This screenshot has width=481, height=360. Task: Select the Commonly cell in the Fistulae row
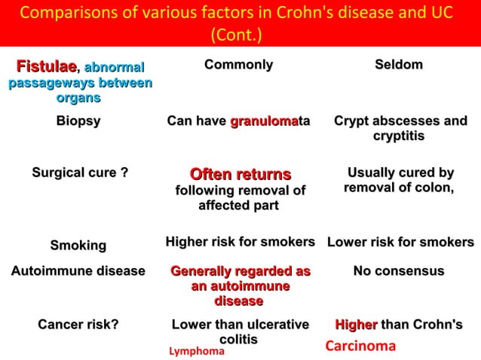tap(238, 65)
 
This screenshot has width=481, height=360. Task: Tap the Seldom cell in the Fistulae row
tap(398, 65)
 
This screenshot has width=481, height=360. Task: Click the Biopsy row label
tap(78, 121)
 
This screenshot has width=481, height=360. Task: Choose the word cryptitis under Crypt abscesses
tap(399, 136)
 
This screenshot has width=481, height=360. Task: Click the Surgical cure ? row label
tap(79, 174)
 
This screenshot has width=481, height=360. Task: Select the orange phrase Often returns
tap(240, 175)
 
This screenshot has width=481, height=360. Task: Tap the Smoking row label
tap(78, 246)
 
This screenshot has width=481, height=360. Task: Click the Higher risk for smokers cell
tap(240, 242)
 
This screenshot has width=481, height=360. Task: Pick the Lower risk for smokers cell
tap(400, 243)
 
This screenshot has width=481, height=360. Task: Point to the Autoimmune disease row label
tap(78, 271)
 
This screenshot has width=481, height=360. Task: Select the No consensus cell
tap(399, 271)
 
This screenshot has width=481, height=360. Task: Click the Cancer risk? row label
tap(78, 325)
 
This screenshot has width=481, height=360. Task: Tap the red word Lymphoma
tap(196, 351)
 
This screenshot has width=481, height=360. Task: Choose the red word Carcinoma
tap(360, 346)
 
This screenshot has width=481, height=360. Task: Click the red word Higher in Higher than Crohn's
tap(356, 325)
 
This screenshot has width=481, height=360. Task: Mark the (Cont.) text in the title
tap(240, 35)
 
